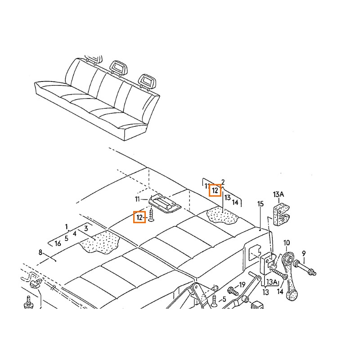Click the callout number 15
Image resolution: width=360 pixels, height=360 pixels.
pyautogui.click(x=260, y=204)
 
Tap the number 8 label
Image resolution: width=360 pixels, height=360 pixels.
pyautogui.click(x=40, y=253)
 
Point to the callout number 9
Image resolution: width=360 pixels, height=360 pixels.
pyautogui.click(x=304, y=253)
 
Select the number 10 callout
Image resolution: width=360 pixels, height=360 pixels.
pyautogui.click(x=287, y=243)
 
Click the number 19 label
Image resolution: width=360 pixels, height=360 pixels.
pyautogui.click(x=242, y=285)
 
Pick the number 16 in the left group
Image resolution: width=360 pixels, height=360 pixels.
pyautogui.click(x=58, y=243)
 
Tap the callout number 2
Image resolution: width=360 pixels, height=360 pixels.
pyautogui.click(x=223, y=182)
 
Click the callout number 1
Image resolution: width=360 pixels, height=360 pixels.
pyautogui.click(x=66, y=226)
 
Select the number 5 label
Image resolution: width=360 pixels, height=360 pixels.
pyautogui.click(x=66, y=238)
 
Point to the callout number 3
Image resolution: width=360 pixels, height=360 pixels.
pyautogui.click(x=85, y=229)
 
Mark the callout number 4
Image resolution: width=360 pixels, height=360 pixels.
pyautogui.click(x=75, y=233)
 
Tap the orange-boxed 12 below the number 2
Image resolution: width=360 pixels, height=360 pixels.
pyautogui.click(x=216, y=190)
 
